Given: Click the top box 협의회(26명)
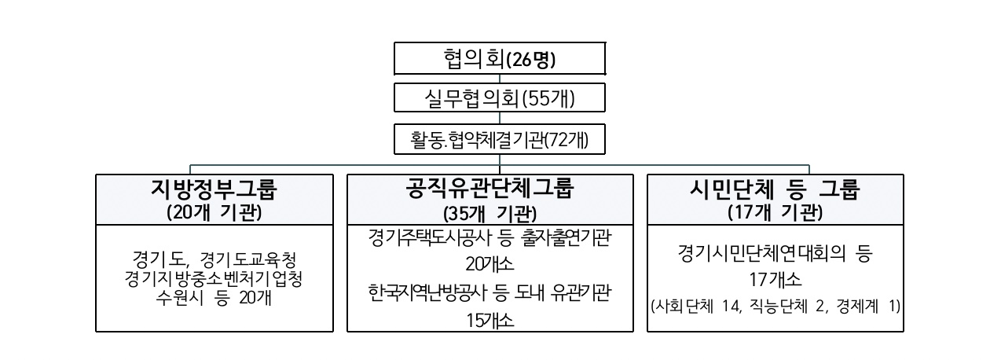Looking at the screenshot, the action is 500,58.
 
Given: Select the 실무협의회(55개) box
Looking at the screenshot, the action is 500,97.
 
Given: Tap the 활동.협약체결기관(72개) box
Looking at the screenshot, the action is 500,139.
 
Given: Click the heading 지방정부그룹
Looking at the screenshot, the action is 214,189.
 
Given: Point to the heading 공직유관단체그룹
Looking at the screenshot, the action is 489,188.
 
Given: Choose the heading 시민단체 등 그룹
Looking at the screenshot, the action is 775,189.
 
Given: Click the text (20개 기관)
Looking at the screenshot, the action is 214,213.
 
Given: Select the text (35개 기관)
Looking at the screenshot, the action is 489,215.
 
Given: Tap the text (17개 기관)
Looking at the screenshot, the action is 775,213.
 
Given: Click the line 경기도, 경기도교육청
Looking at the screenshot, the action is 214,259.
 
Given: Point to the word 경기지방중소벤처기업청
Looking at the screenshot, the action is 214,279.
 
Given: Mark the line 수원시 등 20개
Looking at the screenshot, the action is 214,298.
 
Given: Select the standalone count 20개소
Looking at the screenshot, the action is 489,264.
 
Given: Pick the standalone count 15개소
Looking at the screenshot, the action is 489,320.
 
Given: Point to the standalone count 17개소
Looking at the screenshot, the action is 775,280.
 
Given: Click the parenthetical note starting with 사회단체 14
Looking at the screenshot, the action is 775,307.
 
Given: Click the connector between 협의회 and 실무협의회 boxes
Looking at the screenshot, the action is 500,79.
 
